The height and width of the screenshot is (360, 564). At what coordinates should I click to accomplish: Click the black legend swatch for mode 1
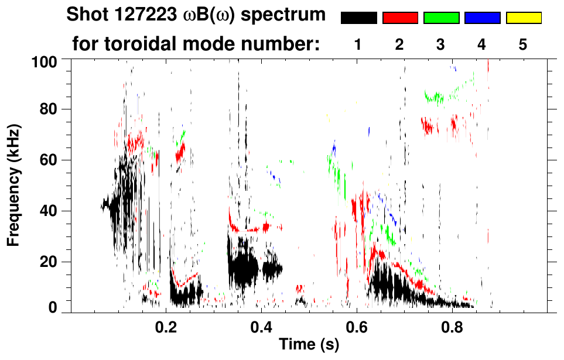point(359,18)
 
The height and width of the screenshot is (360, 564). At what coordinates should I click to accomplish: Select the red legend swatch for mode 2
point(400,18)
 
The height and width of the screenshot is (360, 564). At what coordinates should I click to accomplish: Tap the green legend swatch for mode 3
point(441,18)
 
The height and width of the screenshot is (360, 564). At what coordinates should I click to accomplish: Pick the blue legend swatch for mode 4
point(482,18)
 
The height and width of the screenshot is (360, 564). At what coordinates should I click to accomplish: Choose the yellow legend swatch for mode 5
point(523,18)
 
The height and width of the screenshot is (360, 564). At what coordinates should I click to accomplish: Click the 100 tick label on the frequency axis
point(45,60)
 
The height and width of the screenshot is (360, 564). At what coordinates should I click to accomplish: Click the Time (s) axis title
point(308,345)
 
